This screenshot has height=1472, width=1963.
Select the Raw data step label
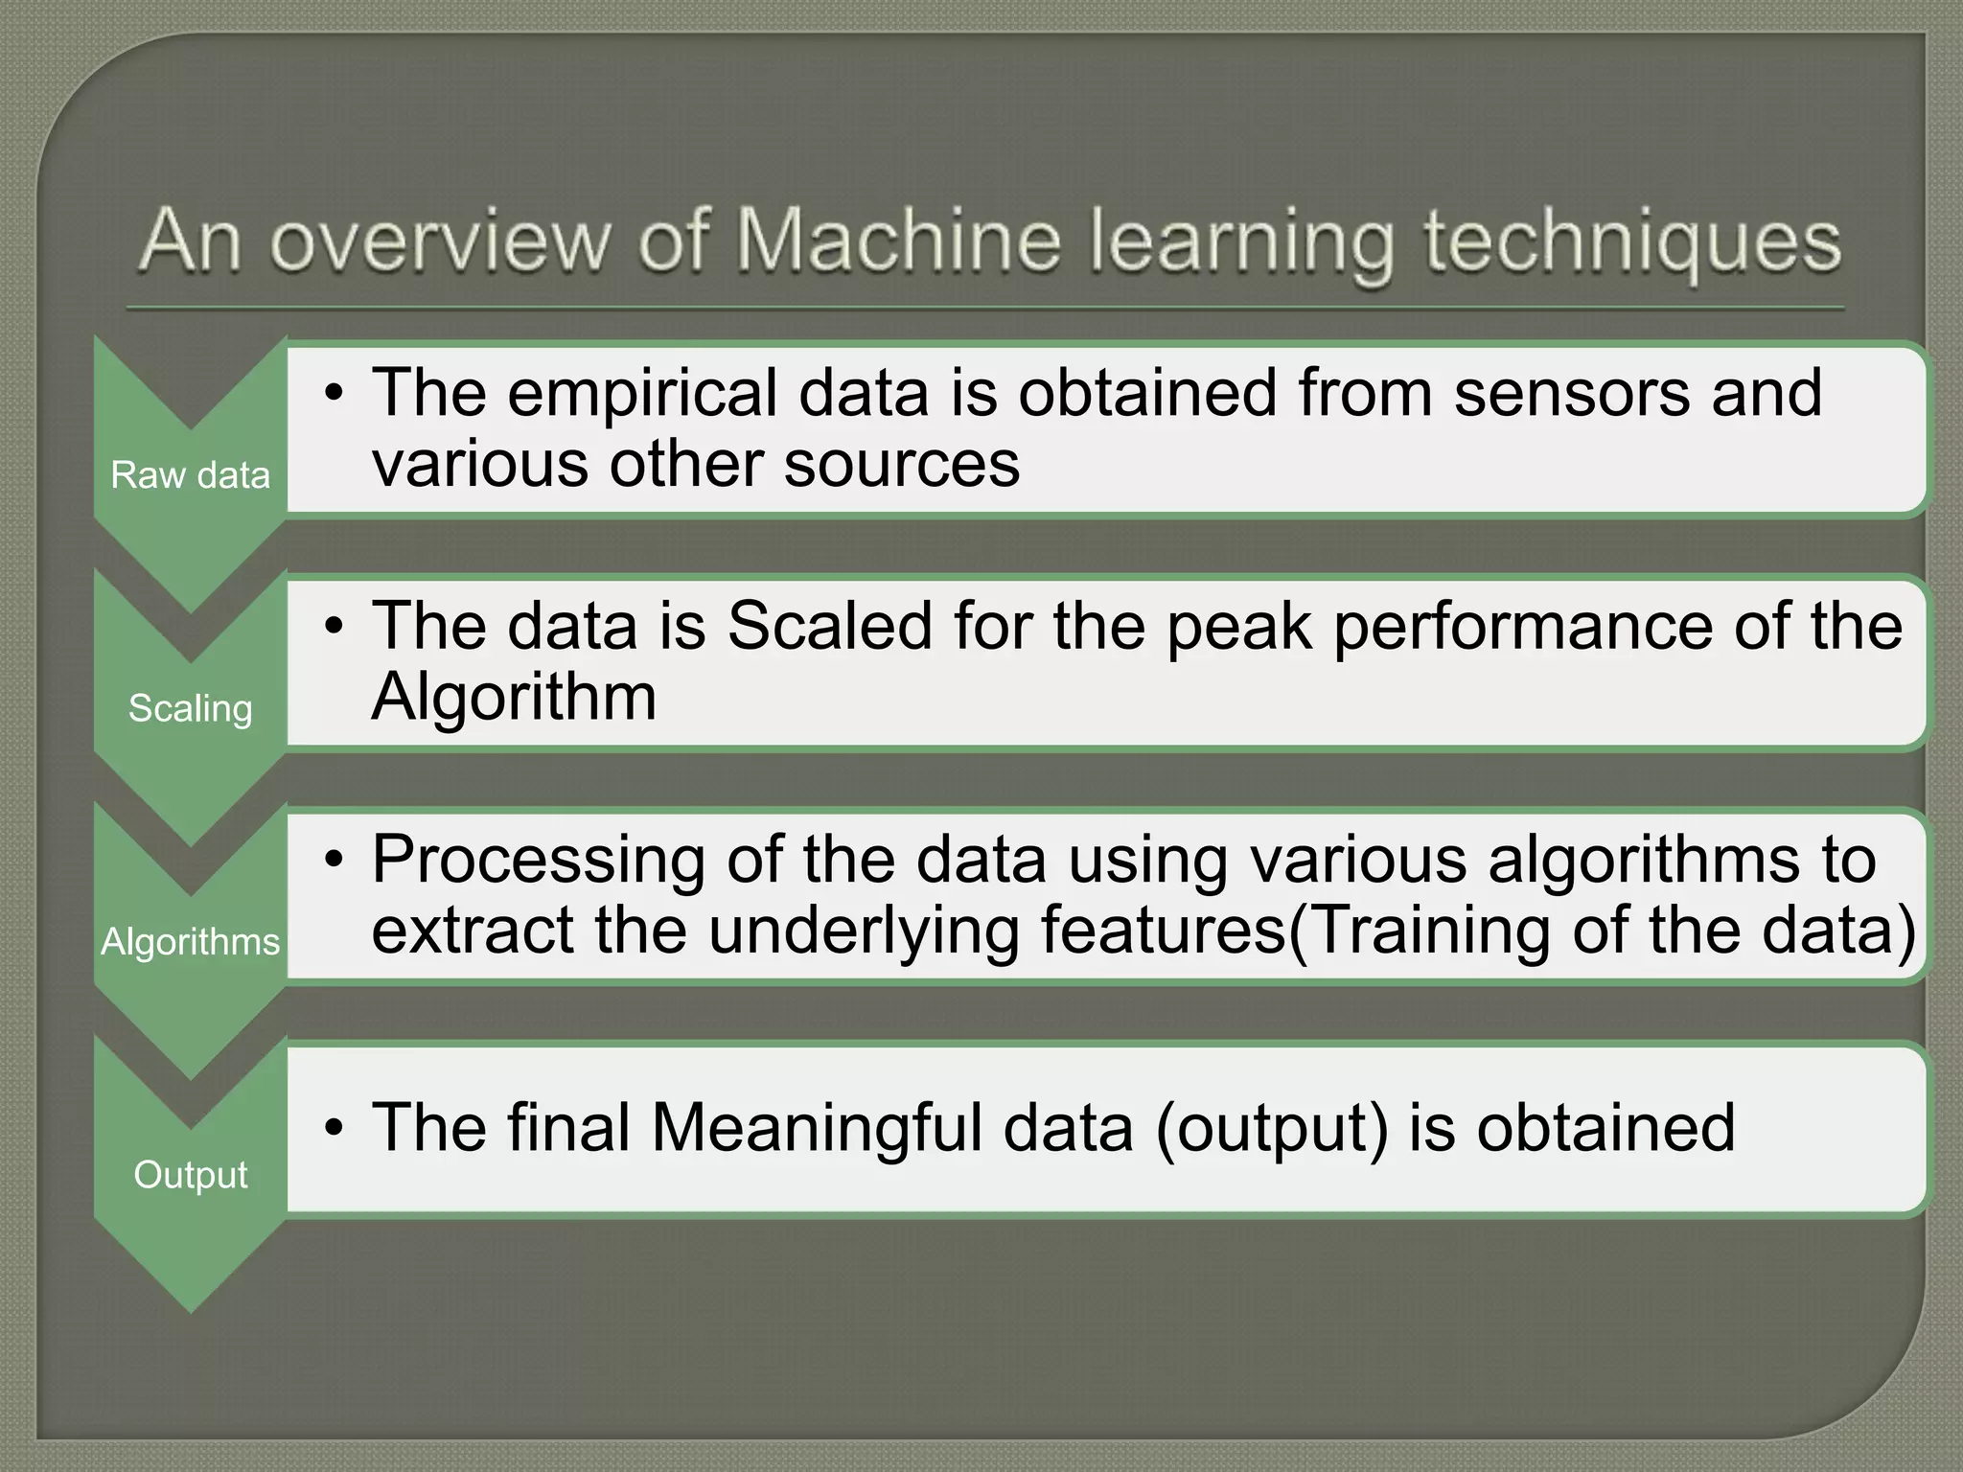[x=191, y=475]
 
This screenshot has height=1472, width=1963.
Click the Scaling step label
[x=191, y=708]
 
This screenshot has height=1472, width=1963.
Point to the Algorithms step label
[x=191, y=942]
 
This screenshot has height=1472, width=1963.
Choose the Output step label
[x=191, y=1175]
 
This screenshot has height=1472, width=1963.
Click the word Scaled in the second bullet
[x=830, y=626]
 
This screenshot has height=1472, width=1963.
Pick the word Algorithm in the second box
[x=514, y=697]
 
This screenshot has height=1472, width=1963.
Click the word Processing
[x=539, y=860]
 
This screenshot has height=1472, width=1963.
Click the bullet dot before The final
[x=333, y=1127]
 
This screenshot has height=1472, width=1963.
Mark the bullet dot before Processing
[x=333, y=860]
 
